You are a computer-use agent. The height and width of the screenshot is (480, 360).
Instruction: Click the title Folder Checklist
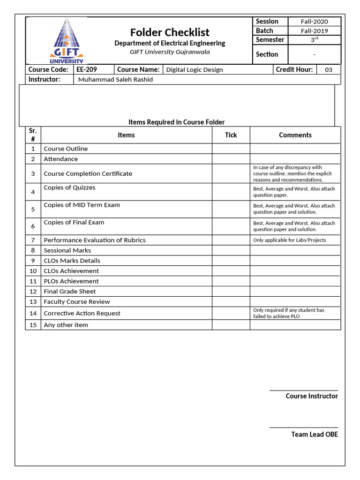pyautogui.click(x=170, y=32)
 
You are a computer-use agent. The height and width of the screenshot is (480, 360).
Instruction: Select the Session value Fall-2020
pyautogui.click(x=314, y=22)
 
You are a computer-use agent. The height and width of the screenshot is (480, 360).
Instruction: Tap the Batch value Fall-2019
pyautogui.click(x=314, y=31)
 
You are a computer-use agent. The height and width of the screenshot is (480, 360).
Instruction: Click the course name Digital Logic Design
pyautogui.click(x=195, y=70)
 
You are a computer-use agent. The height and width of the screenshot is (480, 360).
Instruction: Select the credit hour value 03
pyautogui.click(x=329, y=70)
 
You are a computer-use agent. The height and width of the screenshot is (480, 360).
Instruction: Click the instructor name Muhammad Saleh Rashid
pyautogui.click(x=115, y=80)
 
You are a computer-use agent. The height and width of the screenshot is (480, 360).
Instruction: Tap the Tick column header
pyautogui.click(x=231, y=135)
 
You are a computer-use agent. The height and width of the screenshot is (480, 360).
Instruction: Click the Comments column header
pyautogui.click(x=295, y=135)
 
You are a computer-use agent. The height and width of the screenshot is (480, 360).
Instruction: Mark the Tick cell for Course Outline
pyautogui.click(x=231, y=149)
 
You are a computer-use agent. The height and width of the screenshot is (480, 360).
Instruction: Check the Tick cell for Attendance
pyautogui.click(x=231, y=159)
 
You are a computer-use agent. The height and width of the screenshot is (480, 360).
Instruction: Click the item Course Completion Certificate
pyautogui.click(x=88, y=173)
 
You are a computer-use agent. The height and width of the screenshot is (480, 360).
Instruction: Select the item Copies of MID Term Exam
pyautogui.click(x=82, y=205)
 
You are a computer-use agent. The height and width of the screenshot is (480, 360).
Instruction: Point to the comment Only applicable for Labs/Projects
pyautogui.click(x=289, y=240)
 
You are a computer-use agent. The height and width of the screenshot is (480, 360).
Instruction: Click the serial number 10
pyautogui.click(x=33, y=271)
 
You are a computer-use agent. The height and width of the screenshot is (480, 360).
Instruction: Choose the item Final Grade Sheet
pyautogui.click(x=69, y=292)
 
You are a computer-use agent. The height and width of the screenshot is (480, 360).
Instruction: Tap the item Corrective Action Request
pyautogui.click(x=82, y=313)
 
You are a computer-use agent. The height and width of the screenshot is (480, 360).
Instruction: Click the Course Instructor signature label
pyautogui.click(x=311, y=396)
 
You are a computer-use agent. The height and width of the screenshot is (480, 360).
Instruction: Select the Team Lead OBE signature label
pyautogui.click(x=314, y=435)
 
